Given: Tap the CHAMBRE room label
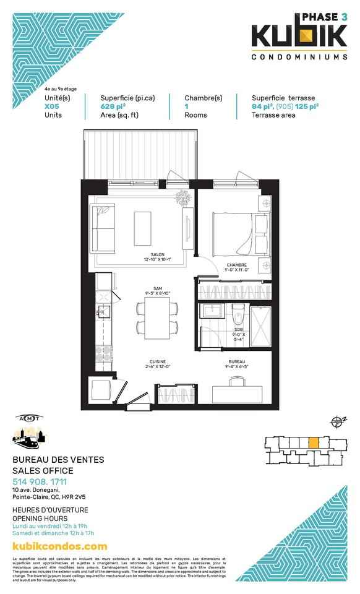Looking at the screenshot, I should click(x=236, y=265).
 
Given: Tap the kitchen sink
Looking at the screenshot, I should click(x=104, y=311).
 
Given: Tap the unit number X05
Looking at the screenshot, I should click(x=52, y=106).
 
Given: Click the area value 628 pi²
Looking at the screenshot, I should click(x=113, y=106).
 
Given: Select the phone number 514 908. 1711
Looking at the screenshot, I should click(x=40, y=482).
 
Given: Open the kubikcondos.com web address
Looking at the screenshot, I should click(x=60, y=546).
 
